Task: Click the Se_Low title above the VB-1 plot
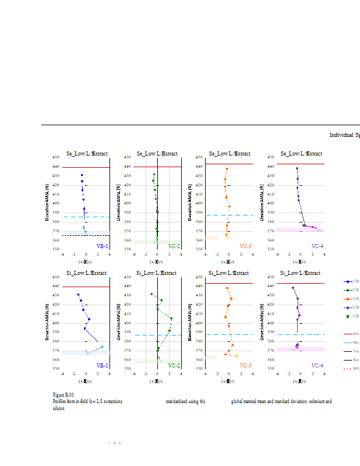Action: pos(87,154)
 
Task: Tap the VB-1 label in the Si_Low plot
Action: pos(102,366)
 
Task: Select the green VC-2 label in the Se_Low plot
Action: pos(174,246)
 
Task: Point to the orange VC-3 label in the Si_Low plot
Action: pos(245,366)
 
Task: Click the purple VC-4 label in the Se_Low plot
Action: pos(317,246)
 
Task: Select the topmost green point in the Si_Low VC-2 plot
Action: pos(151,294)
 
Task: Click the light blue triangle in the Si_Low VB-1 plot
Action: pos(102,347)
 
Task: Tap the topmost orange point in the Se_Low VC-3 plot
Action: pos(227,169)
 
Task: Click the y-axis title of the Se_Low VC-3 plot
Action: pos(190,203)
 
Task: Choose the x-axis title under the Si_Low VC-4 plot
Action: pos(301,382)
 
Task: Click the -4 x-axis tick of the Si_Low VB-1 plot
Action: pos(62,373)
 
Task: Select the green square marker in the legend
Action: pos(348,316)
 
